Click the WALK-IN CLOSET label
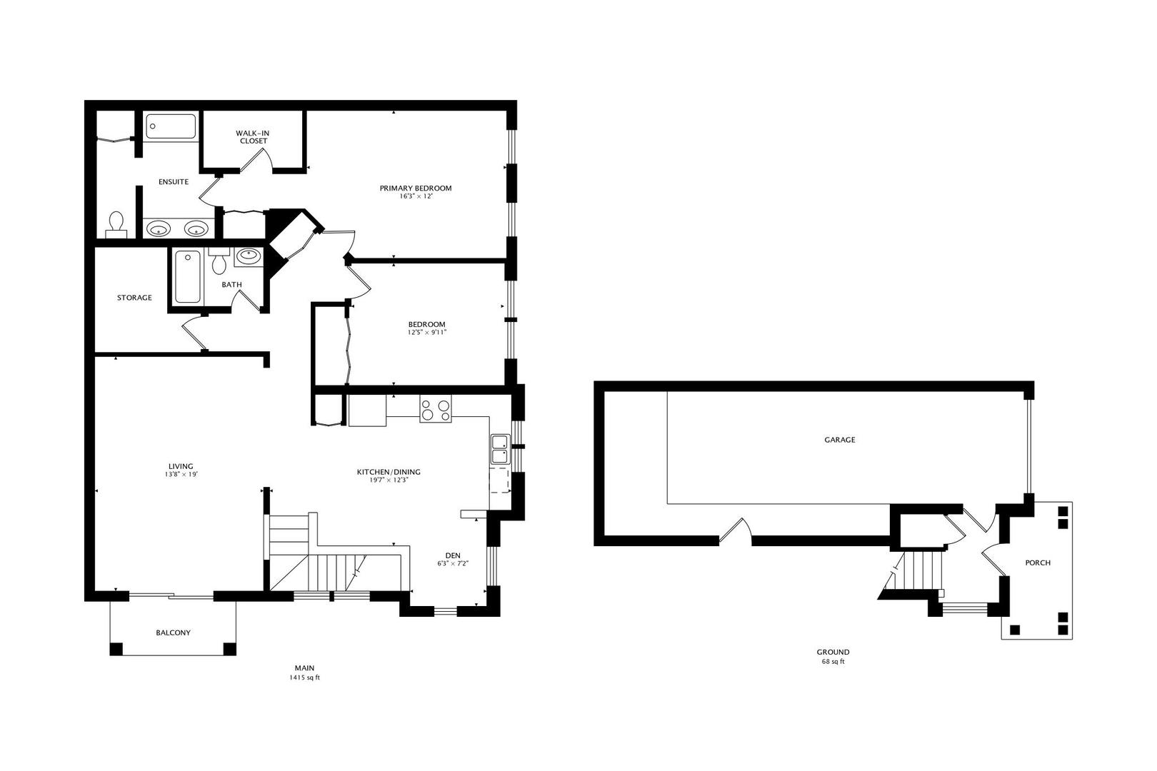point(253,137)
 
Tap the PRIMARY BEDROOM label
point(415,188)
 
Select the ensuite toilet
point(116,224)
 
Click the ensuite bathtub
point(171,127)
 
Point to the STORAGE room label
point(134,298)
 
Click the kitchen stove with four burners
point(436,409)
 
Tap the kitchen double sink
point(499,450)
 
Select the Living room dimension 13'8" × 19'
point(181,475)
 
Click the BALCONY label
point(173,633)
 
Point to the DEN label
point(453,555)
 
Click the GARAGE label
point(839,440)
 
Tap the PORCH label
point(1037,563)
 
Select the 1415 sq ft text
point(304,677)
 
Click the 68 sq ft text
point(833,662)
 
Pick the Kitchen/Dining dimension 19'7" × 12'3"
point(389,480)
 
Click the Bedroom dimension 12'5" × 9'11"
point(427,332)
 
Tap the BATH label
point(231,285)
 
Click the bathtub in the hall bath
point(188,277)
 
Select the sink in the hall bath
point(248,255)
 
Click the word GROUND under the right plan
point(833,652)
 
